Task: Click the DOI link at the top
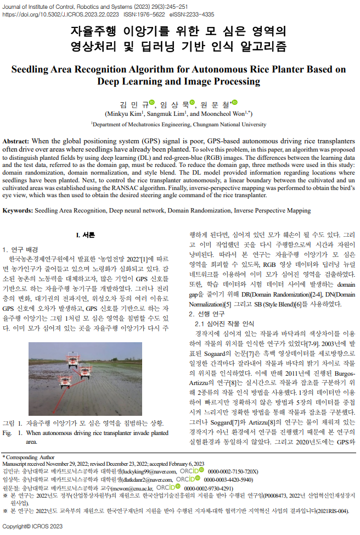click(77, 15)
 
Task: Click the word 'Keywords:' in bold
click(18, 210)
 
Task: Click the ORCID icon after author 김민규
click(152, 102)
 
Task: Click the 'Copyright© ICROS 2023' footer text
click(33, 527)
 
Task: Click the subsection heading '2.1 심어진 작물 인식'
click(224, 324)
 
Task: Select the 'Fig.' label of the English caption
click(8, 433)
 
